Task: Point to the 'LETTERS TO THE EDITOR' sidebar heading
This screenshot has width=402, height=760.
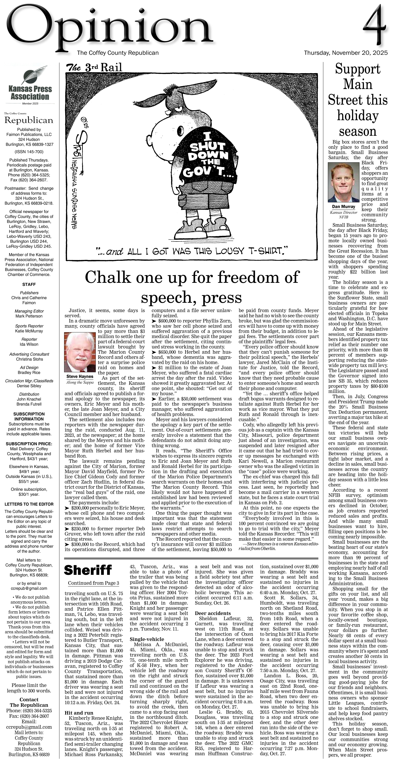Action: (x=29, y=504)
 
